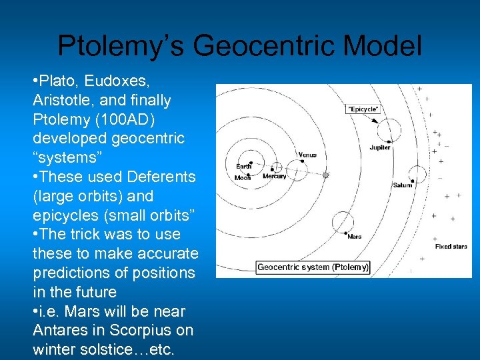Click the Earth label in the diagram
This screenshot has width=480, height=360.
click(244, 166)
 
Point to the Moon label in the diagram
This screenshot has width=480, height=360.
click(243, 178)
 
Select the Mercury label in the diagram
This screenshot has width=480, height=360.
click(274, 177)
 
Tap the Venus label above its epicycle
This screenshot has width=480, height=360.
click(307, 155)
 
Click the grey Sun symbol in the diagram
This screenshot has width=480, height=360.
click(326, 175)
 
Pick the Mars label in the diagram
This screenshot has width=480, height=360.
click(354, 236)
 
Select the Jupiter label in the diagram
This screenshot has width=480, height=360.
click(380, 147)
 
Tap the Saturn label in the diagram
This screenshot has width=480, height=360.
click(403, 185)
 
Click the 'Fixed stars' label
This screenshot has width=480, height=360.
click(451, 247)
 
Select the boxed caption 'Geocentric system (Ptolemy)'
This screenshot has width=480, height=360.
click(313, 267)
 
